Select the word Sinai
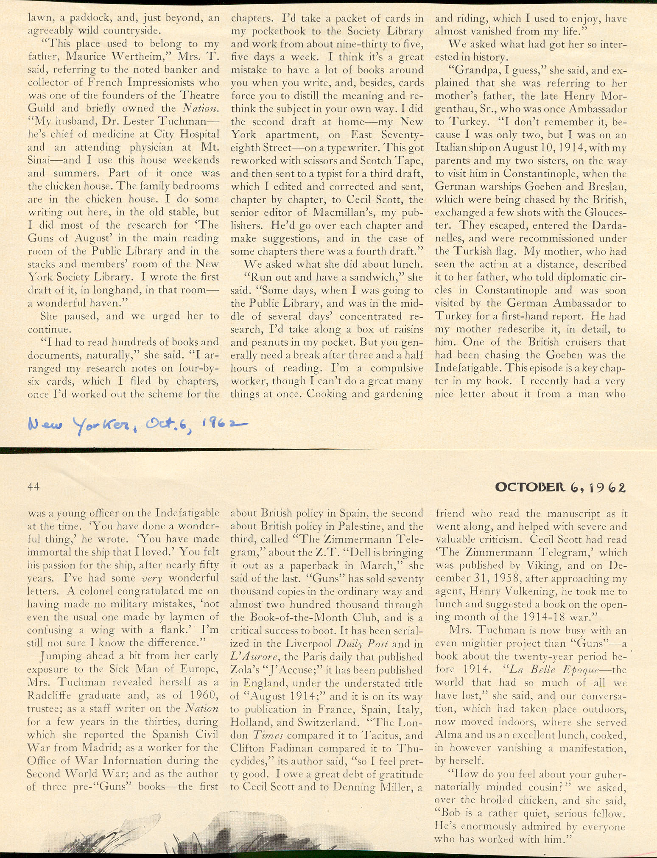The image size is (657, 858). click(39, 160)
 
